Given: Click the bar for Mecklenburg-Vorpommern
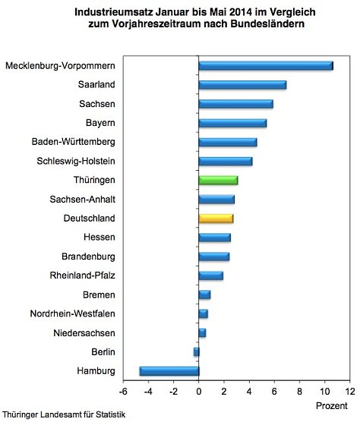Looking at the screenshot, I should pyautogui.click(x=266, y=65).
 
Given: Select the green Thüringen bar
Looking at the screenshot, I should pyautogui.click(x=218, y=180).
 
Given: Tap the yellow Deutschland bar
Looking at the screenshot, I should pyautogui.click(x=216, y=219).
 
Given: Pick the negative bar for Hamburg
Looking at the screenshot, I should pyautogui.click(x=169, y=371).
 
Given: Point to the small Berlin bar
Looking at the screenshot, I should pyautogui.click(x=196, y=352).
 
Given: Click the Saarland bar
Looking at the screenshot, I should pyautogui.click(x=242, y=84).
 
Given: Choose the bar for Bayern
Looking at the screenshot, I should pyautogui.click(x=232, y=122).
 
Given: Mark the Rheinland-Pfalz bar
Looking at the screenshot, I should pyautogui.click(x=210, y=276).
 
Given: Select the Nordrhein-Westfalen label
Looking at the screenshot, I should pyautogui.click(x=73, y=313).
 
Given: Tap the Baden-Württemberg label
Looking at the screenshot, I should pyautogui.click(x=74, y=141).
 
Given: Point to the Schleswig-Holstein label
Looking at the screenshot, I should pyautogui.click(x=76, y=161).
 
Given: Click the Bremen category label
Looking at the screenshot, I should pyautogui.click(x=99, y=294).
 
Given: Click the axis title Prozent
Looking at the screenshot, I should pyautogui.click(x=331, y=407).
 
